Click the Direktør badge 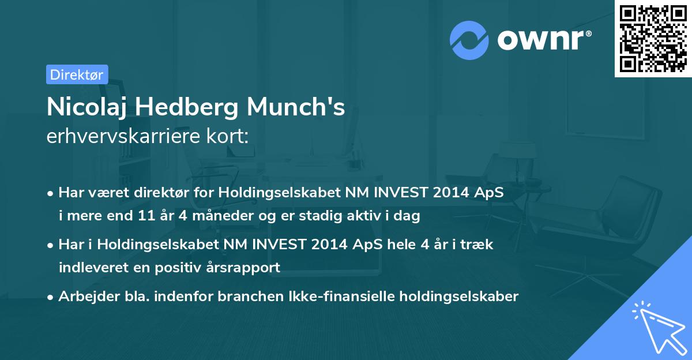click(77, 74)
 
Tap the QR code click(653, 39)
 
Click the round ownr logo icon click(469, 40)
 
